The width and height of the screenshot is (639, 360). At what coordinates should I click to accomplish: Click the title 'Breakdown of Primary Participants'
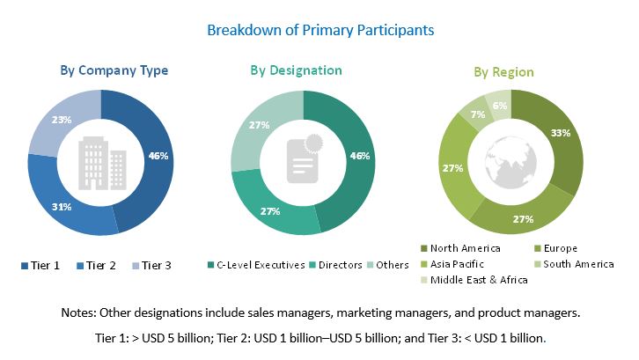click(x=319, y=30)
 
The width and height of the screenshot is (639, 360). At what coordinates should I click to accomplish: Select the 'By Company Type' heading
click(x=114, y=70)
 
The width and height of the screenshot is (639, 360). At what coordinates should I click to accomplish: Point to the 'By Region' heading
click(x=503, y=71)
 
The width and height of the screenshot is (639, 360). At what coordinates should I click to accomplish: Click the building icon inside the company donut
click(x=101, y=164)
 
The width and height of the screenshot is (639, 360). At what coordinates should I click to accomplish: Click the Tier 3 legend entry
click(x=151, y=264)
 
